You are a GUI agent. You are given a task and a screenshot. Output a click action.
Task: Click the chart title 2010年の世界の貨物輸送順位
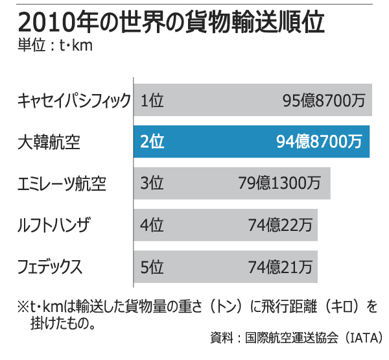tap(171, 23)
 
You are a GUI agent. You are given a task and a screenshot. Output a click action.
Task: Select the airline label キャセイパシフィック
tap(74, 101)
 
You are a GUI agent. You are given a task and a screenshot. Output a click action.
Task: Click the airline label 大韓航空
tap(49, 142)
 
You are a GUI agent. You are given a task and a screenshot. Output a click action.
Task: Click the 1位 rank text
tap(152, 101)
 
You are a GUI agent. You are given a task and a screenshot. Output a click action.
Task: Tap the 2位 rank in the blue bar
tap(152, 142)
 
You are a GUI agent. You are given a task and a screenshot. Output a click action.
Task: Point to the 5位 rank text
tap(152, 267)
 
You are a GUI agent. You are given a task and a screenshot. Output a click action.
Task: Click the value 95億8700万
tap(324, 101)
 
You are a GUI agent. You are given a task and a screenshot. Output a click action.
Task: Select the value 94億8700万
tap(318, 142)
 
